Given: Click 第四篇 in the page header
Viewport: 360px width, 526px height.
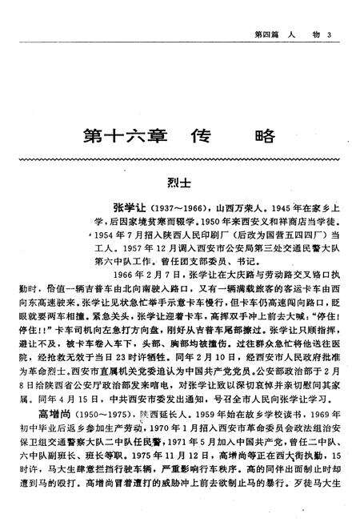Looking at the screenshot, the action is [x=266, y=12].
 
